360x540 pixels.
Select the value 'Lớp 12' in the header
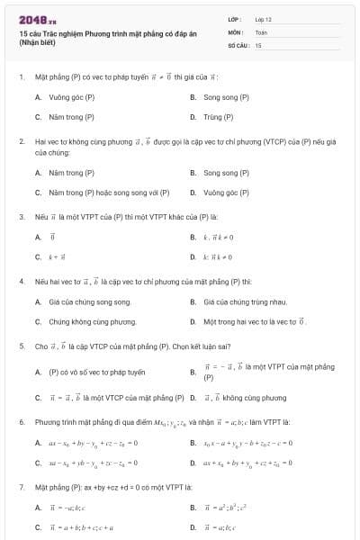pyautogui.click(x=263, y=18)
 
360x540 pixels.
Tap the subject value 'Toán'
pyautogui.click(x=261, y=31)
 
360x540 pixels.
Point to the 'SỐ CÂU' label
pyautogui.click(x=237, y=44)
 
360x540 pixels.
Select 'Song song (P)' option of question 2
pyautogui.click(x=226, y=173)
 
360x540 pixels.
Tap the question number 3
pyautogui.click(x=21, y=217)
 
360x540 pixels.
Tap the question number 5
pyautogui.click(x=21, y=346)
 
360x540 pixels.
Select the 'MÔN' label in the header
pyautogui.click(x=236, y=31)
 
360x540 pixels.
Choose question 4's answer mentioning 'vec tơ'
pyautogui.click(x=256, y=321)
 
